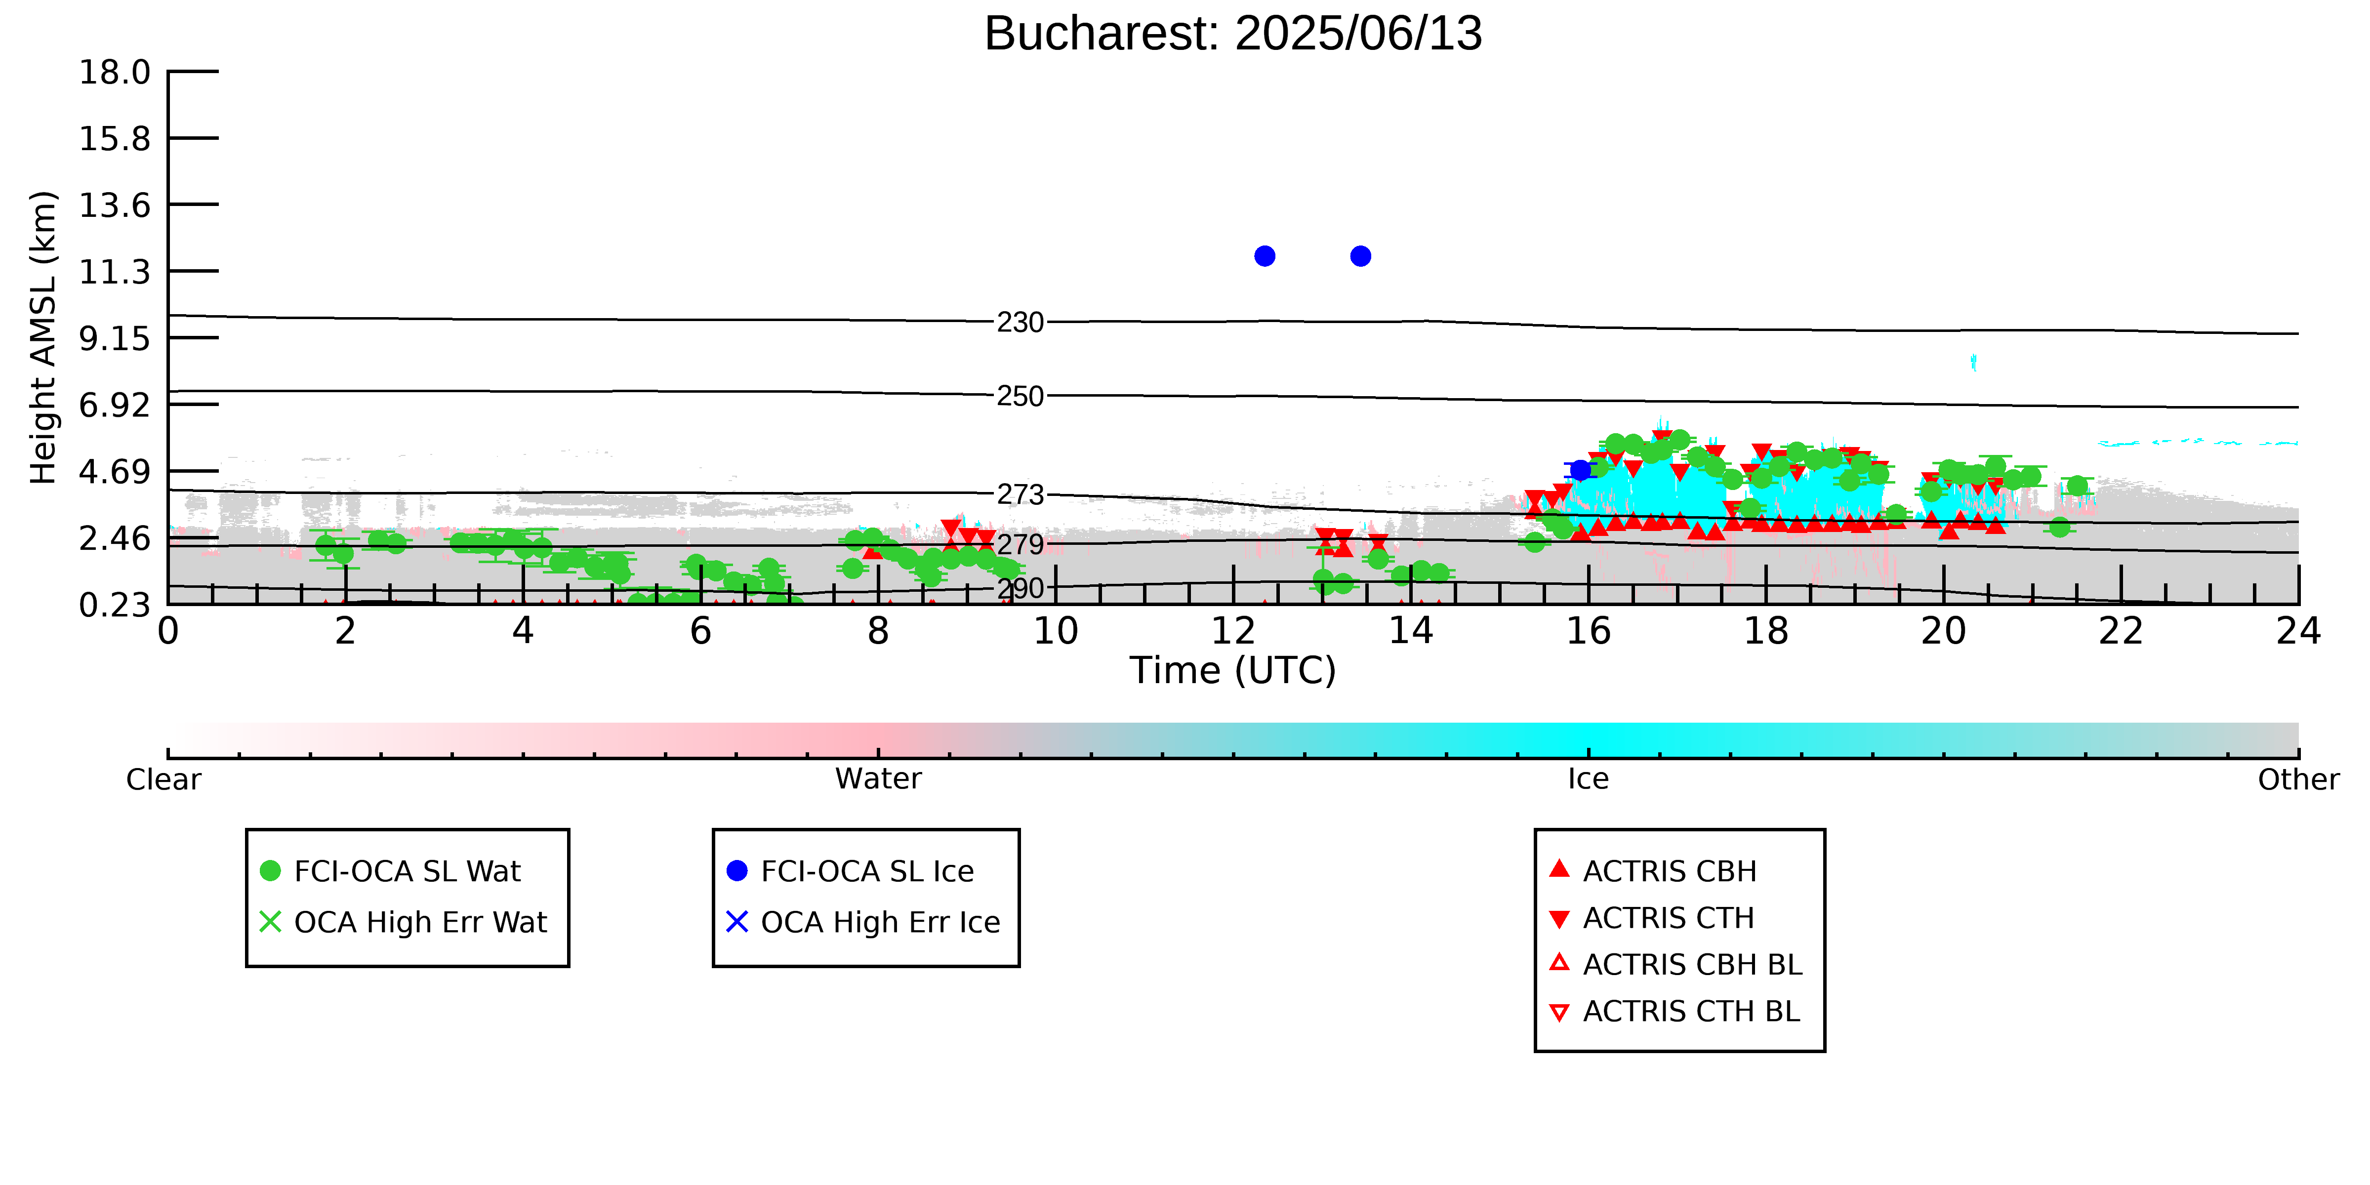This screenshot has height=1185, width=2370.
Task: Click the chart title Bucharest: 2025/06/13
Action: (x=1233, y=34)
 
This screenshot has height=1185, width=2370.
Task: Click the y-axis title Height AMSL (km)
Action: (x=43, y=338)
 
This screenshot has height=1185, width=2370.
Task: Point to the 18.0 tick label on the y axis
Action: (x=115, y=72)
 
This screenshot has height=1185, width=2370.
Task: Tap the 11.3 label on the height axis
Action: (x=115, y=271)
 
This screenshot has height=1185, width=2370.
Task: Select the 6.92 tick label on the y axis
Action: (x=115, y=405)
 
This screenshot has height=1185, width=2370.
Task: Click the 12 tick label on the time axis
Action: (x=1233, y=631)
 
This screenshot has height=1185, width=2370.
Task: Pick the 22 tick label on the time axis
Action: (x=2121, y=631)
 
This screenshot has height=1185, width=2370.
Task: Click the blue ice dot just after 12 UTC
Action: (x=1265, y=256)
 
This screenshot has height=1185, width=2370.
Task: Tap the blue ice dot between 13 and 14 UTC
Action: (x=1361, y=256)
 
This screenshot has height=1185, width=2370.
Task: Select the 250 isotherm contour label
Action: (x=1021, y=397)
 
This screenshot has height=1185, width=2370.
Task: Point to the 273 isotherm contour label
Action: (x=1021, y=495)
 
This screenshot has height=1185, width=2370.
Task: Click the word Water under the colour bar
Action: (x=878, y=779)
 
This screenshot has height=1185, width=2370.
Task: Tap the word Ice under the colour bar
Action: (x=1588, y=779)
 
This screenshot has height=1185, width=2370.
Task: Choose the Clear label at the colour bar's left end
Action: (x=164, y=779)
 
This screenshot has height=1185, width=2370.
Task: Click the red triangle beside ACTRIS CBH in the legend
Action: (x=1559, y=868)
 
